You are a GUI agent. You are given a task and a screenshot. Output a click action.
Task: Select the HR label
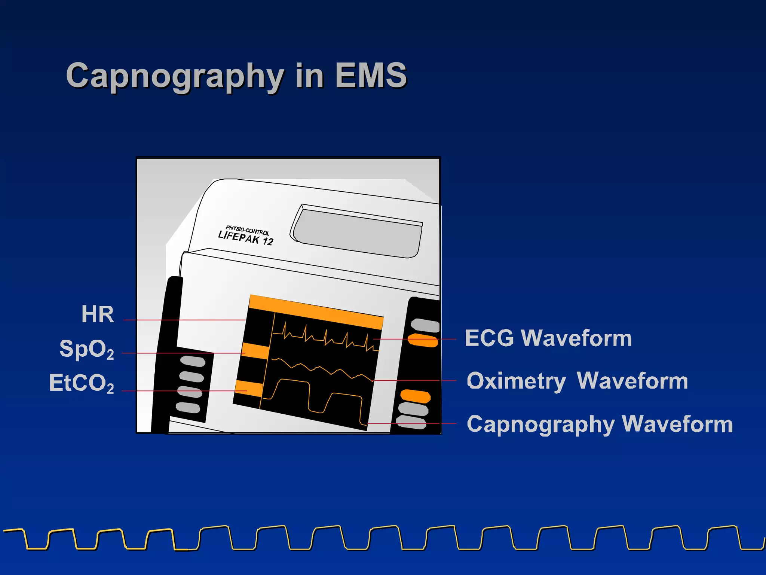click(x=98, y=314)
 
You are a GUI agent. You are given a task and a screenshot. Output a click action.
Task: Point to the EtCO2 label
click(x=82, y=383)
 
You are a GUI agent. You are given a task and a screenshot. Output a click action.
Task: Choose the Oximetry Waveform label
click(x=577, y=381)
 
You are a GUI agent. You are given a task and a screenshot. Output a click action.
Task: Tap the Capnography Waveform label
click(x=600, y=424)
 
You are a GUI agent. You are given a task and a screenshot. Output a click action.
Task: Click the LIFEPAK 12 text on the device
click(x=246, y=238)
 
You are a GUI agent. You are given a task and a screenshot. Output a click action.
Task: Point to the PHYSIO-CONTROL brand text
click(x=247, y=230)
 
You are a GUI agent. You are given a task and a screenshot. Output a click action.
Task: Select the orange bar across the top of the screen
click(x=316, y=311)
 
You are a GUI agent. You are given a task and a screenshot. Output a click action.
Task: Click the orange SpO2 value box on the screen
click(x=256, y=351)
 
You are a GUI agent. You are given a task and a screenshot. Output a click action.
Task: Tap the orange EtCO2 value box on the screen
click(x=249, y=389)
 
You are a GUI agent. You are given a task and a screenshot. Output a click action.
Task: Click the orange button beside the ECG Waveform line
click(x=423, y=340)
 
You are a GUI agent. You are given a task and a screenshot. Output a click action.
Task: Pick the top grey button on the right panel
click(x=425, y=325)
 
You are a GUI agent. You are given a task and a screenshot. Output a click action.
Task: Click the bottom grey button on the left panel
click(x=188, y=407)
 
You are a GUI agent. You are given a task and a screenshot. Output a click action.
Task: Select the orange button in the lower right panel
click(x=415, y=396)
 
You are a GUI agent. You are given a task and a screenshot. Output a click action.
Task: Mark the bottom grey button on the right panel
click(x=411, y=422)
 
